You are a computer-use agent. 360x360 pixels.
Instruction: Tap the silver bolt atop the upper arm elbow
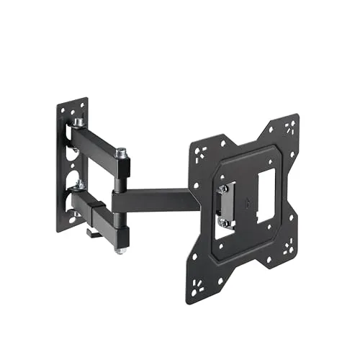tap(122, 153)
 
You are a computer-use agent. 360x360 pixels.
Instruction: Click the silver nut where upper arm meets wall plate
tap(77, 123)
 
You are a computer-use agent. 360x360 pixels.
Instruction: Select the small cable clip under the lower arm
tap(91, 232)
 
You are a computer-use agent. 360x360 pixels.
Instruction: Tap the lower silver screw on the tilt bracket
tap(225, 222)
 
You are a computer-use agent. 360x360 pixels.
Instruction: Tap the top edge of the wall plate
tap(73, 102)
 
